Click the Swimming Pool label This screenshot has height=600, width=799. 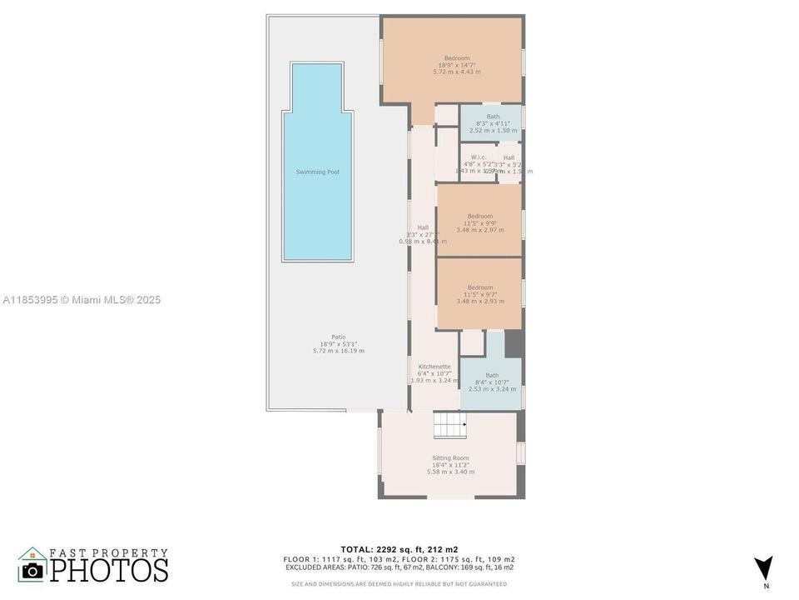click(x=317, y=172)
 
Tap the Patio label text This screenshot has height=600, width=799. click(x=327, y=337)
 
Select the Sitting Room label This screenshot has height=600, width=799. click(x=450, y=457)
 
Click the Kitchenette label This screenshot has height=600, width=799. click(x=434, y=366)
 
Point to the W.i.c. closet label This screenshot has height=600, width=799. click(x=479, y=157)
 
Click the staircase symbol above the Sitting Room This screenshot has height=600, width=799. click(x=449, y=427)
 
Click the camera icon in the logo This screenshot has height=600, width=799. click(x=32, y=570)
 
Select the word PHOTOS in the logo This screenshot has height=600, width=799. click(x=108, y=569)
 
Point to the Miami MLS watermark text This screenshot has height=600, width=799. click(x=82, y=300)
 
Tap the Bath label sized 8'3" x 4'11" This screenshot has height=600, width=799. click(x=493, y=117)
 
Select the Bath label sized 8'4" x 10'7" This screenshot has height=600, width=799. click(x=492, y=375)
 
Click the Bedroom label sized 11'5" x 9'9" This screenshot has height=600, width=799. click(x=479, y=216)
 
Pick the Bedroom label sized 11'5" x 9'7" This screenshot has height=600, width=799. click(x=479, y=287)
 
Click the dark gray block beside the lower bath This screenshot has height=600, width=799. click(x=514, y=343)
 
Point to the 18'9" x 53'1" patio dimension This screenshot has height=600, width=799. click(x=338, y=343)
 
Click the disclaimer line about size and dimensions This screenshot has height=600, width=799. click(x=399, y=583)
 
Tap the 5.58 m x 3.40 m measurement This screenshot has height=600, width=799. click(x=450, y=472)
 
